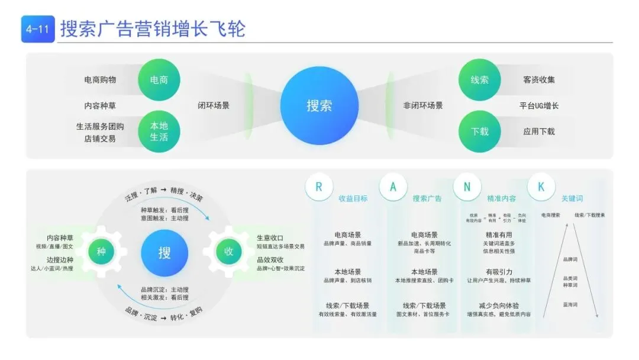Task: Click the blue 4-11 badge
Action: pyautogui.click(x=37, y=28)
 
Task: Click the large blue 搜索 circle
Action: pyautogui.click(x=319, y=106)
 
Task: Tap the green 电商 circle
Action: pyautogui.click(x=159, y=80)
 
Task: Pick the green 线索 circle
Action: pyautogui.click(x=479, y=80)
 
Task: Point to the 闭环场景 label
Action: pyautogui.click(x=214, y=106)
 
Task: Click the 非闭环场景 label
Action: pyautogui.click(x=423, y=106)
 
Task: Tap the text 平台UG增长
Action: pyautogui.click(x=539, y=106)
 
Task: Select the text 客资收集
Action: pyautogui.click(x=539, y=80)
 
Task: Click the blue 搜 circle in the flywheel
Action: pyautogui.click(x=164, y=253)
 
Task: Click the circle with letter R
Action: pyautogui.click(x=319, y=187)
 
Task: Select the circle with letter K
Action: pyautogui.click(x=541, y=187)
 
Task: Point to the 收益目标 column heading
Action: pyautogui.click(x=353, y=198)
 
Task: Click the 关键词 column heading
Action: pyautogui.click(x=572, y=198)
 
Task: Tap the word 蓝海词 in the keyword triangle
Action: pyautogui.click(x=570, y=304)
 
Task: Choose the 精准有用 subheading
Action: pyautogui.click(x=499, y=235)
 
